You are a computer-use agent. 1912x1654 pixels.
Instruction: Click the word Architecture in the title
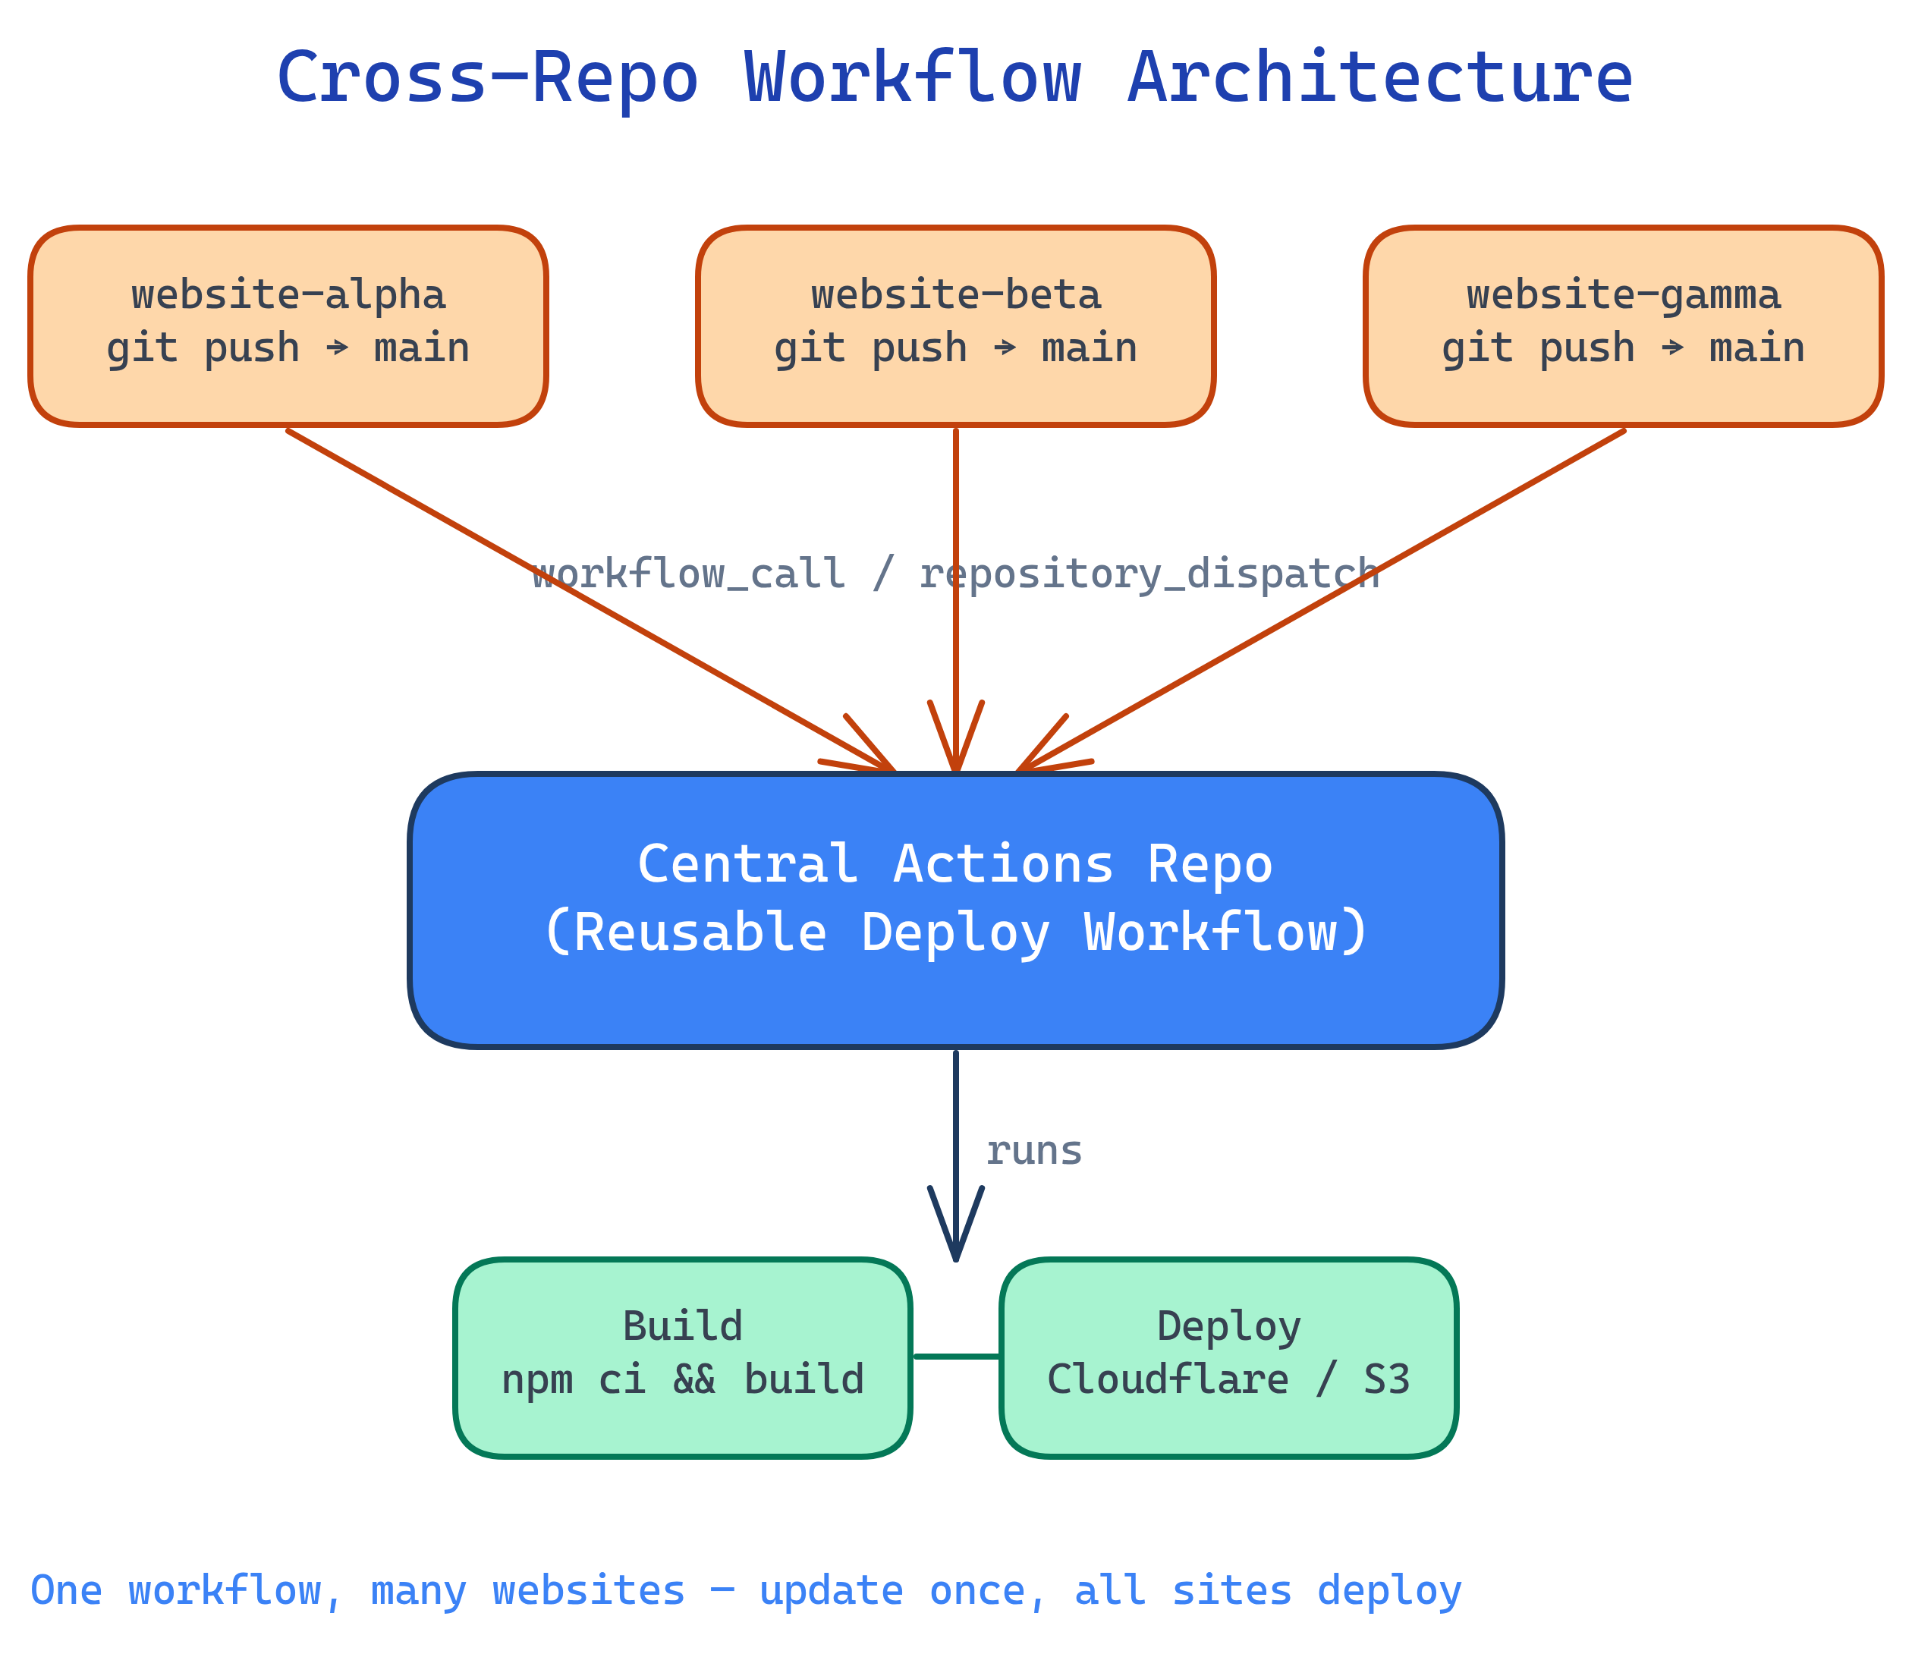pyautogui.click(x=1379, y=78)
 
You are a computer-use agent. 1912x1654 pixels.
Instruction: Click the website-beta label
pyautogui.click(x=956, y=295)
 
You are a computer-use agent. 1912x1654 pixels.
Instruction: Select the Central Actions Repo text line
pyautogui.click(x=955, y=865)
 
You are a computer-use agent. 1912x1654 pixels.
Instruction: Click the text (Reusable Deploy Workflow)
pyautogui.click(x=955, y=932)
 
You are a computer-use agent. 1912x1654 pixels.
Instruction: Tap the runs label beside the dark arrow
pyautogui.click(x=1033, y=1151)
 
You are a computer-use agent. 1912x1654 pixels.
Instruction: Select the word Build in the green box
pyautogui.click(x=683, y=1326)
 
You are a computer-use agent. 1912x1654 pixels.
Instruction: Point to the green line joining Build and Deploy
pyautogui.click(x=956, y=1356)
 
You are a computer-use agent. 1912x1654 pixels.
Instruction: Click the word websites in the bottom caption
pyautogui.click(x=588, y=1590)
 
